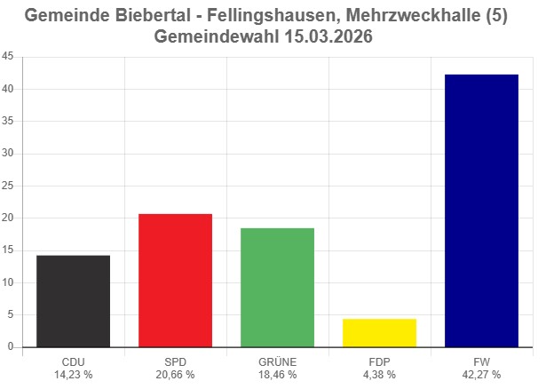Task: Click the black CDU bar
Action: pyautogui.click(x=73, y=301)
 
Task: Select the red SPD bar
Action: pyautogui.click(x=175, y=281)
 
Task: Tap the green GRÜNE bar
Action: pyautogui.click(x=277, y=288)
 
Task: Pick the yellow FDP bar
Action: pyautogui.click(x=379, y=333)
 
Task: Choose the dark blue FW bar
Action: pyautogui.click(x=481, y=210)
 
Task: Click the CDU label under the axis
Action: pyautogui.click(x=73, y=362)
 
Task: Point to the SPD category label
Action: pyautogui.click(x=175, y=362)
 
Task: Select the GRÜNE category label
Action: pyautogui.click(x=277, y=362)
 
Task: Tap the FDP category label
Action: pyautogui.click(x=379, y=362)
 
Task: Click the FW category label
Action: pyautogui.click(x=481, y=362)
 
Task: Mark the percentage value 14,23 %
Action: pyautogui.click(x=73, y=375)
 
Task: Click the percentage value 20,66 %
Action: pyautogui.click(x=175, y=375)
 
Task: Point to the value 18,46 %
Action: pyautogui.click(x=277, y=375)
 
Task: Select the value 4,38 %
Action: pyautogui.click(x=379, y=375)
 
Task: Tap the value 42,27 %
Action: pyautogui.click(x=481, y=375)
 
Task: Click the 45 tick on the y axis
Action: pyautogui.click(x=8, y=57)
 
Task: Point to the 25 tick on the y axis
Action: pyautogui.click(x=8, y=186)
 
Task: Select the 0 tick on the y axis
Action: pyautogui.click(x=11, y=347)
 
